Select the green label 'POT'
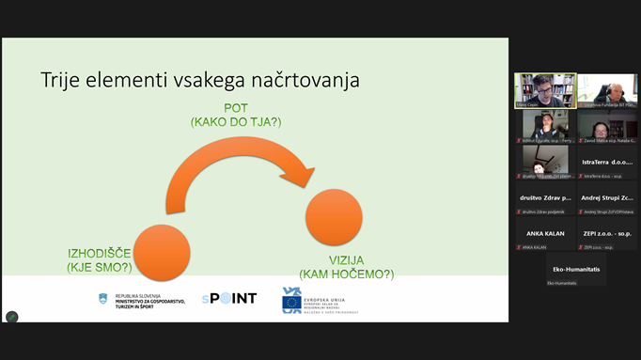click(235, 108)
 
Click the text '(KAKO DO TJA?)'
click(235, 122)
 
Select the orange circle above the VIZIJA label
click(334, 217)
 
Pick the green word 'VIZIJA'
click(346, 260)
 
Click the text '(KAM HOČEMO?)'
click(346, 274)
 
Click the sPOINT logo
click(228, 299)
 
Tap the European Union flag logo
click(292, 301)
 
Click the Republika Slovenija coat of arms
click(103, 299)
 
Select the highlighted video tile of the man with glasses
click(545, 91)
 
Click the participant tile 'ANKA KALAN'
click(545, 234)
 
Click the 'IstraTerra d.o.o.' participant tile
click(607, 162)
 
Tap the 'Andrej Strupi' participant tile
click(607, 198)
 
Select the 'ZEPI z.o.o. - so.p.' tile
click(607, 234)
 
